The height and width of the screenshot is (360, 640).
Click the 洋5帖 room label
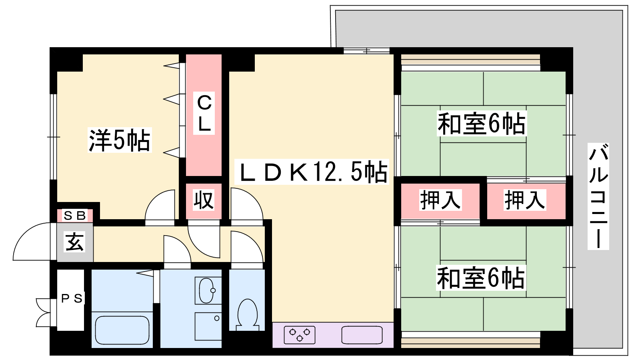tap(120, 140)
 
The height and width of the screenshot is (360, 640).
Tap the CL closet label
tap(204, 113)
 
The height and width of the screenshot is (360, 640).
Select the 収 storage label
tap(204, 200)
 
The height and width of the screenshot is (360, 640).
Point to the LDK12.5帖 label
tap(312, 172)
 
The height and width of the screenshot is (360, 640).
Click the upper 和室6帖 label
tap(482, 124)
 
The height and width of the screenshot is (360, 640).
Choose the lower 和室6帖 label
tap(481, 278)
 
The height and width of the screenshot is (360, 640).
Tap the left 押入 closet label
tap(440, 200)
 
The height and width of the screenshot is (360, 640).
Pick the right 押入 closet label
tap(525, 200)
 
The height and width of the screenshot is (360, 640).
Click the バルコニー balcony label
tap(598, 196)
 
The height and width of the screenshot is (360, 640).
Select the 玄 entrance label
tap(75, 242)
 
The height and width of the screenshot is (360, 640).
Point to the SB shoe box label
tap(75, 216)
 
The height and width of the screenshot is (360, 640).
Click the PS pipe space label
tap(72, 298)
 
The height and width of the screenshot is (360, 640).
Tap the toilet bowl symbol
tap(248, 314)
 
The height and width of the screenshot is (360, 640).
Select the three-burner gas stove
tap(300, 335)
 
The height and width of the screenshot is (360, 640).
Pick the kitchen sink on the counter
tap(362, 335)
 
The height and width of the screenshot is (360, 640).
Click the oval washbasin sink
tap(206, 290)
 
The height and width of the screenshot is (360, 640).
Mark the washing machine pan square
tap(208, 326)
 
